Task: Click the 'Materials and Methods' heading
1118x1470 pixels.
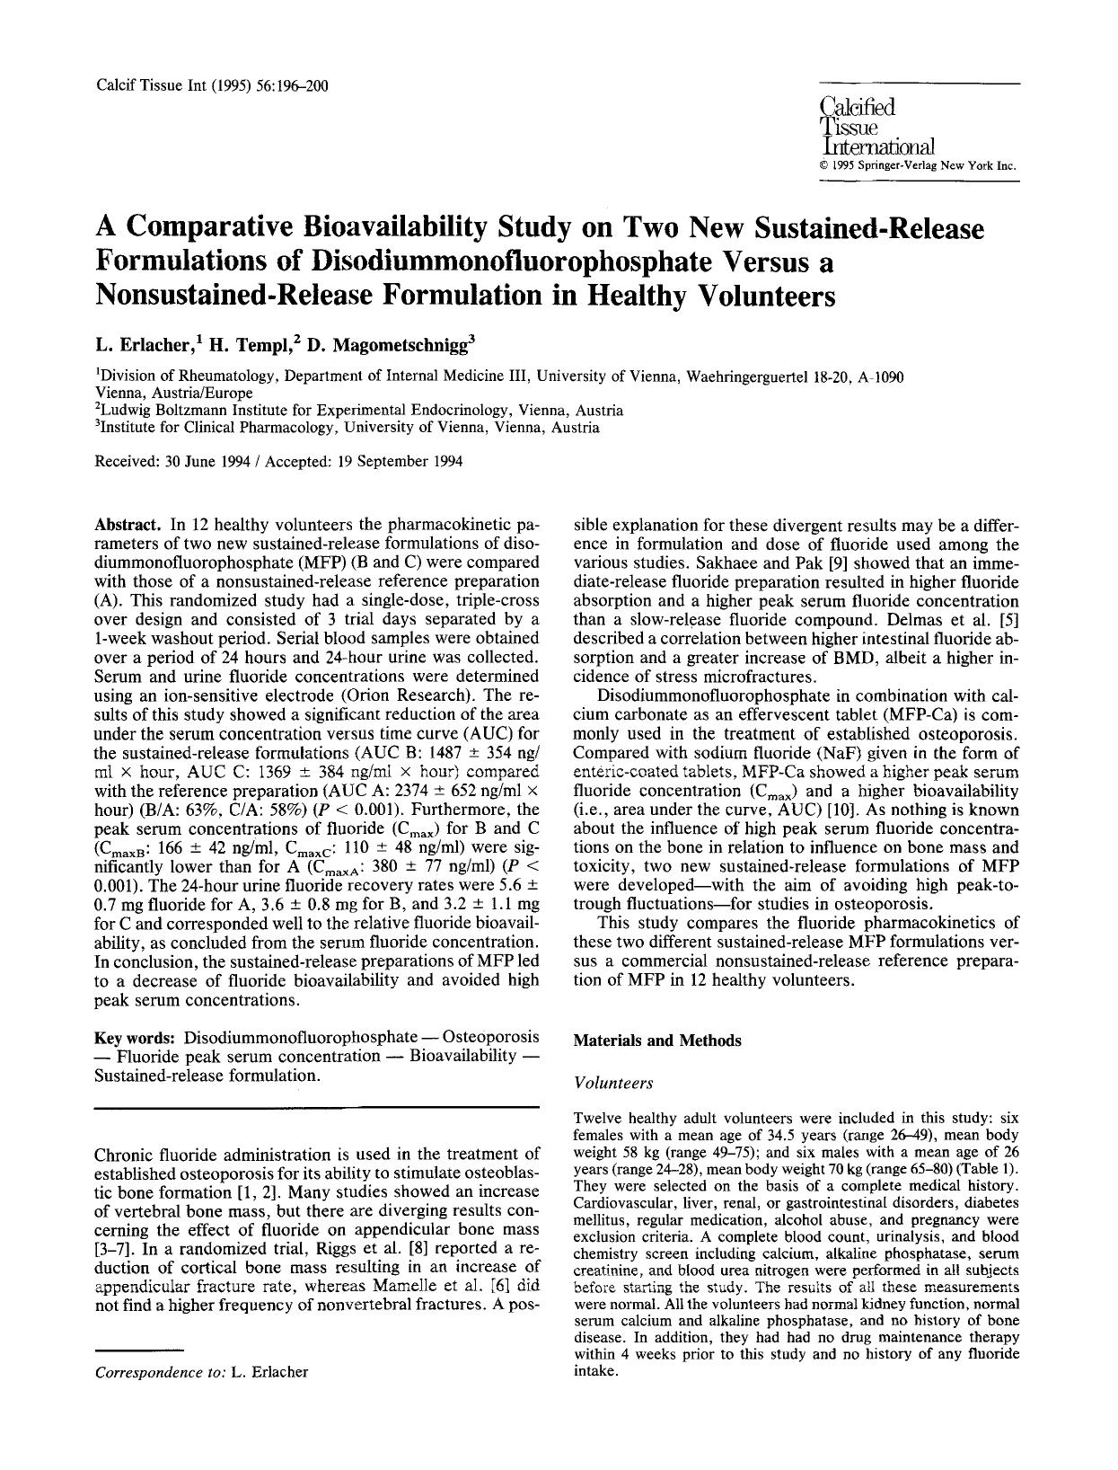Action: [x=657, y=1041]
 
